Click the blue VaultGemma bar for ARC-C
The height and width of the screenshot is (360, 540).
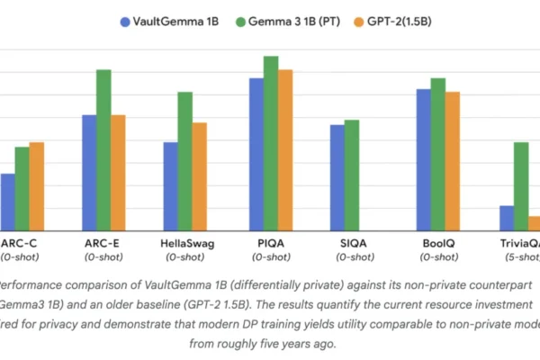click(x=7, y=202)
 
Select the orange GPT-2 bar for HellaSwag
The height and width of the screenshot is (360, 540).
click(x=200, y=176)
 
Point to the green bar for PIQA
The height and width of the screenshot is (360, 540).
click(x=271, y=143)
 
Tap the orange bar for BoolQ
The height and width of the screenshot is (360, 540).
click(x=453, y=161)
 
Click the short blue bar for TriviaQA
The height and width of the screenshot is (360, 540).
click(x=507, y=218)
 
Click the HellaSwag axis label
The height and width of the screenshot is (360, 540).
click(x=187, y=243)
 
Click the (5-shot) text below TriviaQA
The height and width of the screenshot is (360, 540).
click(x=521, y=256)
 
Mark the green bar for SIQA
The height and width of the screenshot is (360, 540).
click(x=352, y=175)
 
